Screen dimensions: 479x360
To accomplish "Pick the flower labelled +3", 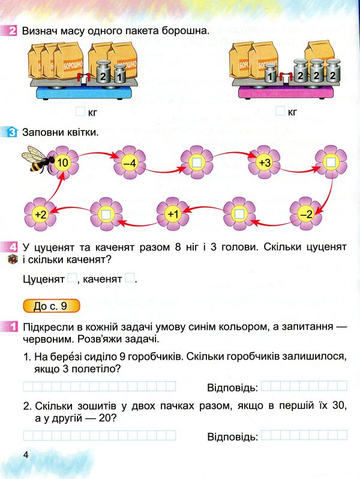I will (265, 161).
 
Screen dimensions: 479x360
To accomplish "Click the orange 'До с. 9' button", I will (50, 306).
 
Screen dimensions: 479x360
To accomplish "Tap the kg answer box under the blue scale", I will (80, 111).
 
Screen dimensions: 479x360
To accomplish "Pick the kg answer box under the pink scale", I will (280, 111).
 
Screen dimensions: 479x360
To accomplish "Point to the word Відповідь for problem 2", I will (232, 436).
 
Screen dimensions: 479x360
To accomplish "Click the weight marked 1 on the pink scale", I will (271, 77).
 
